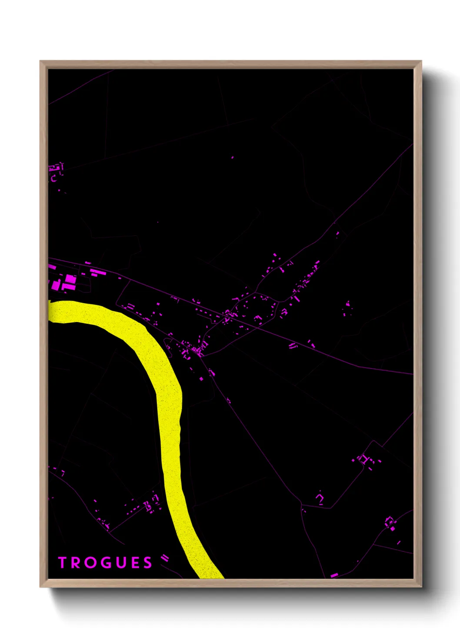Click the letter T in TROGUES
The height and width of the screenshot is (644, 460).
coord(62,563)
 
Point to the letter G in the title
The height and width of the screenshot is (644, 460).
coord(104,563)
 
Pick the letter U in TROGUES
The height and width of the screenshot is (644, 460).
coord(120,563)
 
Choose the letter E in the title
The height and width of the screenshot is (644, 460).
coord(134,563)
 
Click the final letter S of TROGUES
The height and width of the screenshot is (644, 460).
coord(148,563)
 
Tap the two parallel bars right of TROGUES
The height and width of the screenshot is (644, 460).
coord(165,558)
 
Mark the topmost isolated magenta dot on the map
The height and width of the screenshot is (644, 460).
coord(232,157)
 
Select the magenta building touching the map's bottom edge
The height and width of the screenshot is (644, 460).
coord(333,575)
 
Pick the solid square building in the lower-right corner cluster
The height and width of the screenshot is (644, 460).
coord(392,528)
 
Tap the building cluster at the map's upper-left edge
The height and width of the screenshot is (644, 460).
coord(56,171)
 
